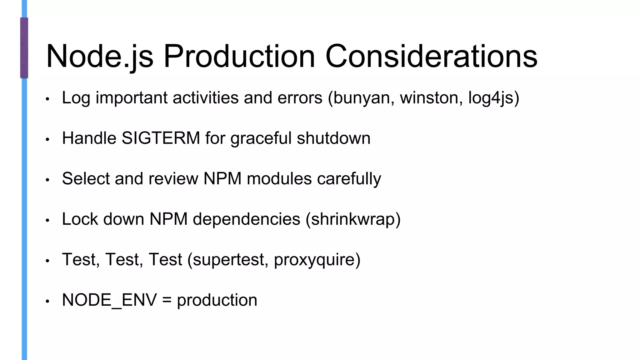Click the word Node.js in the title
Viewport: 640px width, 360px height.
tap(100, 56)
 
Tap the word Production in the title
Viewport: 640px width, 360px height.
tap(239, 56)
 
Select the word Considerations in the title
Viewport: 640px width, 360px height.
tap(431, 56)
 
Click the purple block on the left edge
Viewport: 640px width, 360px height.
tap(24, 47)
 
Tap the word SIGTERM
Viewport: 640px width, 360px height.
tap(161, 138)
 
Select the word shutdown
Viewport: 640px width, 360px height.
tap(333, 138)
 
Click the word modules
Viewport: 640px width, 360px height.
tap(279, 178)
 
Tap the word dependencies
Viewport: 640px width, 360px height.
tap(246, 219)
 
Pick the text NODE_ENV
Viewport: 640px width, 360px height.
tap(109, 300)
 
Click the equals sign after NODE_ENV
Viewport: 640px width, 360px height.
tap(167, 300)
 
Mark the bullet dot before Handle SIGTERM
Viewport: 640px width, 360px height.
tap(47, 139)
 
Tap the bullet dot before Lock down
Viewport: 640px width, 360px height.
tap(47, 220)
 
